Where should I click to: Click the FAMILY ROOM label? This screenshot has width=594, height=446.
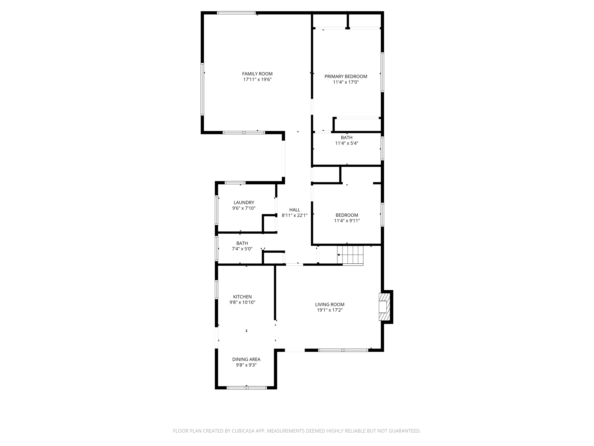[257, 74]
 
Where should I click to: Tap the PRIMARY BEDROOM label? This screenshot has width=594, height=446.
[346, 76]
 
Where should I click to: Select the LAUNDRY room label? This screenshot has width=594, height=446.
[244, 202]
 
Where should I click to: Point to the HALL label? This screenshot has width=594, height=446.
[295, 210]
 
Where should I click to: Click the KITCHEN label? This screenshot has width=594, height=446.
[242, 297]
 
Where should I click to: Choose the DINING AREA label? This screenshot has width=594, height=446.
[246, 359]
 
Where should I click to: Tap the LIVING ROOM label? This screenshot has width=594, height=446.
[330, 304]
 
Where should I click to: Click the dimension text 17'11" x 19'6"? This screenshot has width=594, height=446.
[257, 80]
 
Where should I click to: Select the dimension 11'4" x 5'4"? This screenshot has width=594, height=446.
[347, 143]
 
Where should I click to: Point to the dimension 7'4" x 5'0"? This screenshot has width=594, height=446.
[242, 249]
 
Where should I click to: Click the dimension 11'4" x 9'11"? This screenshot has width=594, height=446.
[347, 221]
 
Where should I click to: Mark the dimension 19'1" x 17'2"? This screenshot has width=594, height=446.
[330, 310]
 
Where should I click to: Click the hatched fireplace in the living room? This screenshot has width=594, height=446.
[384, 307]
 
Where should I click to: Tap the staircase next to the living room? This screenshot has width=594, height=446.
[350, 255]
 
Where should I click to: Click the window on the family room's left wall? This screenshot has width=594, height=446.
[202, 89]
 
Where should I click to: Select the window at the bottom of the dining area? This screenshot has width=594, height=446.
[247, 388]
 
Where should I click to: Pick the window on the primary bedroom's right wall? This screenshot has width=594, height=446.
[382, 72]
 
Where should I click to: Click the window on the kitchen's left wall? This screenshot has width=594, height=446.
[216, 289]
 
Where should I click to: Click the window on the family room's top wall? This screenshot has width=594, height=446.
[236, 13]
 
